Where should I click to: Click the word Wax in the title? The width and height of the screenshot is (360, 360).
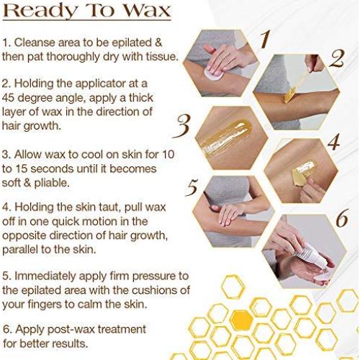pos(148,11)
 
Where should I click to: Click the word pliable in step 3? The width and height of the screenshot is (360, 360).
pos(52,184)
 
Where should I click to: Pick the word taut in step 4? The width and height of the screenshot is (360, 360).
pos(110,207)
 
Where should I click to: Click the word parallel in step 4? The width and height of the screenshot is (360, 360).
pos(20,250)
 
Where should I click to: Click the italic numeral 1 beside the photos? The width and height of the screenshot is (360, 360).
pos(265,39)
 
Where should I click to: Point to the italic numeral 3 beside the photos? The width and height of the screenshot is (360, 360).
pos(183,126)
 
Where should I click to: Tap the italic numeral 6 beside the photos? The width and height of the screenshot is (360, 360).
pos(342,218)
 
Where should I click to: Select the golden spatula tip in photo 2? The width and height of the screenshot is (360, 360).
pos(290,95)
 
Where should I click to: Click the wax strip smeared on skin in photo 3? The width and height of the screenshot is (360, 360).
pos(225,137)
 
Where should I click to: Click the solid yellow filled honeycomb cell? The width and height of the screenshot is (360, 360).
pos(241,320)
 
